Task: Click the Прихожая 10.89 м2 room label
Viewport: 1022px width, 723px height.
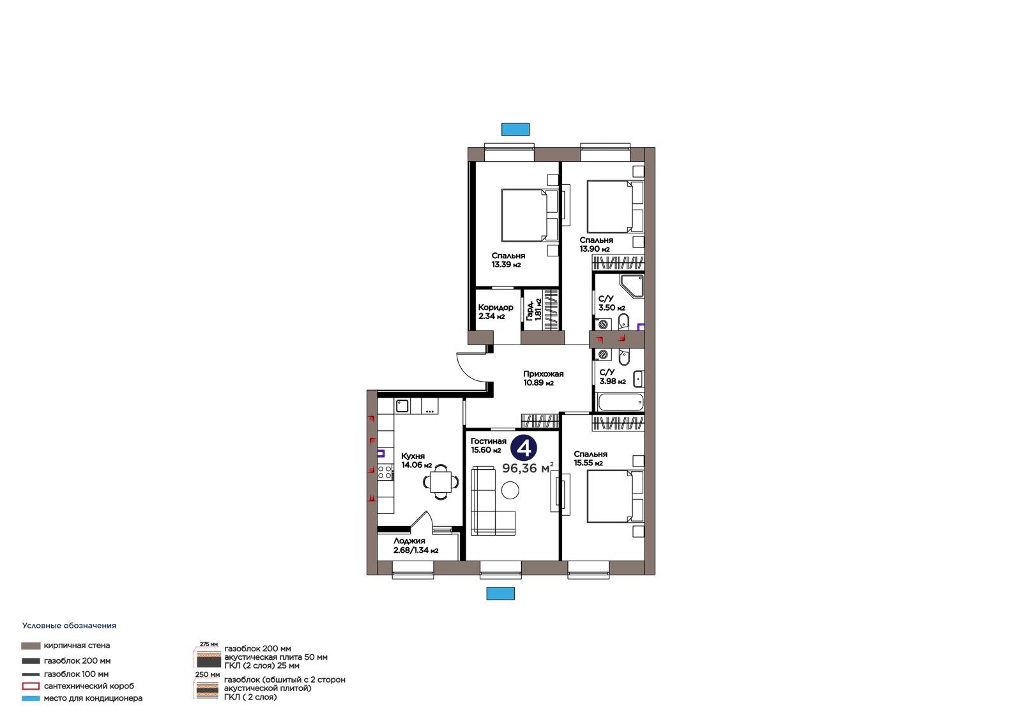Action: coord(543,378)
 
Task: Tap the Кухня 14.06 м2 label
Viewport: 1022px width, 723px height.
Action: coord(416,460)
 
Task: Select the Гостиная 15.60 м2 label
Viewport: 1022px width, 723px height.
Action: coord(488,446)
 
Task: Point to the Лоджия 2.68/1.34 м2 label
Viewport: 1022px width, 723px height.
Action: coord(416,545)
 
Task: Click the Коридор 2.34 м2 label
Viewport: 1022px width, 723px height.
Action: coord(496,311)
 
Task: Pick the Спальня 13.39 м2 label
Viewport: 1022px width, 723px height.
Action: coord(508,260)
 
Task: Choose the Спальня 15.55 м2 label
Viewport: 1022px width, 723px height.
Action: coord(590,458)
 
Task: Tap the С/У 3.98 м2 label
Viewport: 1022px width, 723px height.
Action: coord(613,377)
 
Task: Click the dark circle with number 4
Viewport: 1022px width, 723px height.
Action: coord(524,448)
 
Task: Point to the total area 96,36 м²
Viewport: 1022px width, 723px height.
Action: coord(528,468)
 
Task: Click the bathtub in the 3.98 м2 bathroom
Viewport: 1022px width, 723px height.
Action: coord(620,402)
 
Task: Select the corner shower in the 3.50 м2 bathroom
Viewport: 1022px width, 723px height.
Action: coord(632,286)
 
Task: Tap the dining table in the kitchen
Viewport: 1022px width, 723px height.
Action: coord(441,481)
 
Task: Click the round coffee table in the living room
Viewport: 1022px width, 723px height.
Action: coord(510,491)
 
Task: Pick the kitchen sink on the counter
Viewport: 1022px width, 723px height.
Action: coord(402,405)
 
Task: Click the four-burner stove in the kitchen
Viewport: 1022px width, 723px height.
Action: coord(385,472)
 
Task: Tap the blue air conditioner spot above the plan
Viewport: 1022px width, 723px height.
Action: coord(515,129)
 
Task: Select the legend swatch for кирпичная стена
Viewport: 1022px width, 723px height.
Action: coord(31,646)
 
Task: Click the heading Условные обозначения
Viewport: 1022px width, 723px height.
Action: coord(70,626)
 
